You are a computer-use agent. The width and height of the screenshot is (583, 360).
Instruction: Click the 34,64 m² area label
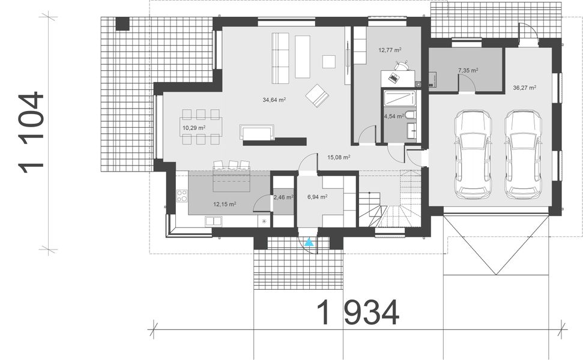click(273, 100)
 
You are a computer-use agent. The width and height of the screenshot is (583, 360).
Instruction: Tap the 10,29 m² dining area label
click(194, 128)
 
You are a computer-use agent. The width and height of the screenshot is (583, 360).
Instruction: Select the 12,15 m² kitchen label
click(225, 204)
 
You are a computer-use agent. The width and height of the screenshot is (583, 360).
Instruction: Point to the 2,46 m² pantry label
click(283, 197)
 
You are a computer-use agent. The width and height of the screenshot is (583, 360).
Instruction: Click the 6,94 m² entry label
click(317, 197)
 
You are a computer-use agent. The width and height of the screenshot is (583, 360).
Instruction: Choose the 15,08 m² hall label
click(339, 157)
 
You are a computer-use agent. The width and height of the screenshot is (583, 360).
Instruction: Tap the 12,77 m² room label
click(390, 50)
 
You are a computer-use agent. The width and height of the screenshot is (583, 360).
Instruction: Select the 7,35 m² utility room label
click(468, 71)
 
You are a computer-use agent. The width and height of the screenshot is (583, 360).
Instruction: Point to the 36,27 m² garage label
click(524, 88)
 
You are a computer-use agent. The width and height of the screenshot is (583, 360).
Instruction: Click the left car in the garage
click(474, 154)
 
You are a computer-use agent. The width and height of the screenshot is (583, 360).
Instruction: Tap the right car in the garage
click(524, 154)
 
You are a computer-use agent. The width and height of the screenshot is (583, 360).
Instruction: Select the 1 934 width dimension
click(357, 313)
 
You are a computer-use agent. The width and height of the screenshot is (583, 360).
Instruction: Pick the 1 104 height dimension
click(32, 133)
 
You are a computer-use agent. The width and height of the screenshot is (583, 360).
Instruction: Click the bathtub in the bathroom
click(399, 97)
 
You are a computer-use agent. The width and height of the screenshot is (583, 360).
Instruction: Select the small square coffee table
click(329, 62)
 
